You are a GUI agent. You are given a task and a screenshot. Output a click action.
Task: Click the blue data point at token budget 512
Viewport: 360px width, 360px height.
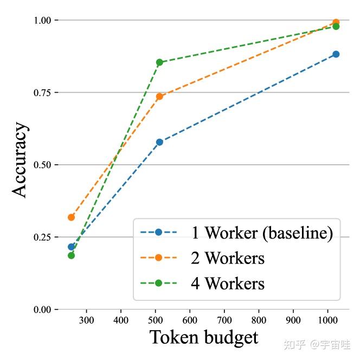pyautogui.click(x=159, y=142)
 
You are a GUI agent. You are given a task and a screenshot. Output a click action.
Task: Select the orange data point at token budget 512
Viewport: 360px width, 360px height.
pyautogui.click(x=159, y=97)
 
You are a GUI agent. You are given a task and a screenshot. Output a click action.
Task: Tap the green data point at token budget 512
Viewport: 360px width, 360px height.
pyautogui.click(x=159, y=62)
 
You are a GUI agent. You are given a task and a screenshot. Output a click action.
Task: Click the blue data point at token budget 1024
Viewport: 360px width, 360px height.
pyautogui.click(x=336, y=54)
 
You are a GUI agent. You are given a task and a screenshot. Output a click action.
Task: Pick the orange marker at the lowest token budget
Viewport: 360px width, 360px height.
pyautogui.click(x=71, y=217)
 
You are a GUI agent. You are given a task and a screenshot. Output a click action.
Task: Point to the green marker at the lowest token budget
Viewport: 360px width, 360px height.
pyautogui.click(x=71, y=255)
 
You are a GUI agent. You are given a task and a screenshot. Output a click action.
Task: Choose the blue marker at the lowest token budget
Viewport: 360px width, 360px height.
pyautogui.click(x=71, y=247)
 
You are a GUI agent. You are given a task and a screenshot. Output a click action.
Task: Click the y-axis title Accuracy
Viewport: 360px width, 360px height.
pyautogui.click(x=20, y=160)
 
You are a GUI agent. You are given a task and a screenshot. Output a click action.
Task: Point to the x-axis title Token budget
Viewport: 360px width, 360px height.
pyautogui.click(x=204, y=337)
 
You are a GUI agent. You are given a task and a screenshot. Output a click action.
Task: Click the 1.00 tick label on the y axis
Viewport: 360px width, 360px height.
pyautogui.click(x=42, y=21)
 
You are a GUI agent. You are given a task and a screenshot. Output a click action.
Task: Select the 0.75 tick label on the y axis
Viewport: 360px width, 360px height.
pyautogui.click(x=42, y=93)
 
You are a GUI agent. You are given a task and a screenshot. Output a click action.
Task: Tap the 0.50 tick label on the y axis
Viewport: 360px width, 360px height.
pyautogui.click(x=42, y=165)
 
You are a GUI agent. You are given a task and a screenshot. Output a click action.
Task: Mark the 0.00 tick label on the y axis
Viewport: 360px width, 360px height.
pyautogui.click(x=42, y=310)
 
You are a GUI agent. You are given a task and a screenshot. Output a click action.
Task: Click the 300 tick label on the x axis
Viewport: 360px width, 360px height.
pyautogui.click(x=86, y=320)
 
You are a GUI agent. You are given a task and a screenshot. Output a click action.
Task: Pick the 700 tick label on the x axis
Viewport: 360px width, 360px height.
pyautogui.click(x=224, y=320)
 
